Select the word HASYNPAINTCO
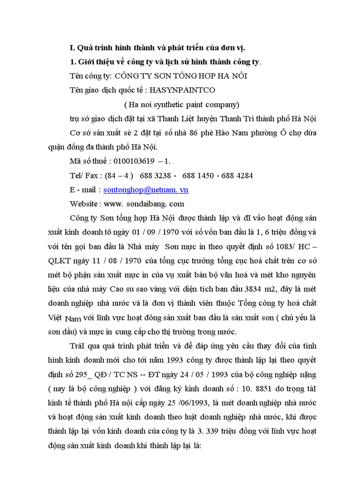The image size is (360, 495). (x=183, y=90)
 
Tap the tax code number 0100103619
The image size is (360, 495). (x=134, y=161)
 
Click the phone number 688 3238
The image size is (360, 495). (x=153, y=175)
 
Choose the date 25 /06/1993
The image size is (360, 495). (x=180, y=402)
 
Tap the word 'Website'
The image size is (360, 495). (x=84, y=204)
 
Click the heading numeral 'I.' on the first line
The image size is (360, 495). (x=73, y=47)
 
